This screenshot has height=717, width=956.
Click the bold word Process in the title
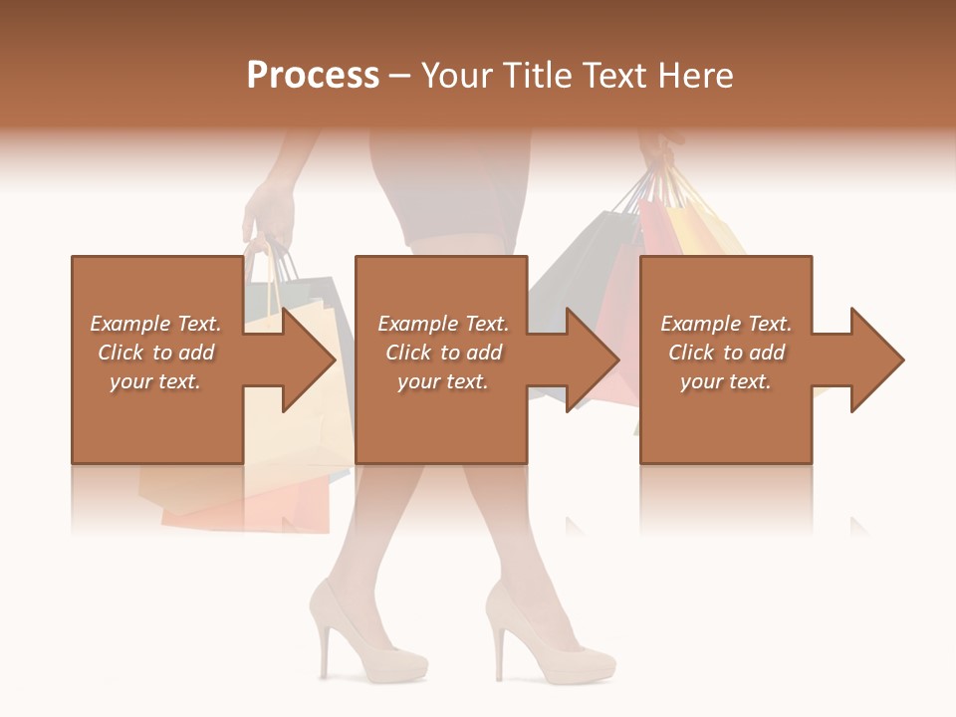pyautogui.click(x=313, y=76)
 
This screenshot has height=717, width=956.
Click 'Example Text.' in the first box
pyautogui.click(x=155, y=324)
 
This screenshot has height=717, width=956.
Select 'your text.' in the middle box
pyautogui.click(x=442, y=381)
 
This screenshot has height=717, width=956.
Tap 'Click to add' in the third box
pyautogui.click(x=726, y=353)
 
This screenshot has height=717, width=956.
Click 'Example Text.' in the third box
pyautogui.click(x=726, y=324)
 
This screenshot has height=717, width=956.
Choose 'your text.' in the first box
pyautogui.click(x=155, y=381)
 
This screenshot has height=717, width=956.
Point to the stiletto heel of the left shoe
pyautogui.click(x=324, y=652)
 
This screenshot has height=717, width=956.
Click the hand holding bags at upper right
pyautogui.click(x=657, y=149)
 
